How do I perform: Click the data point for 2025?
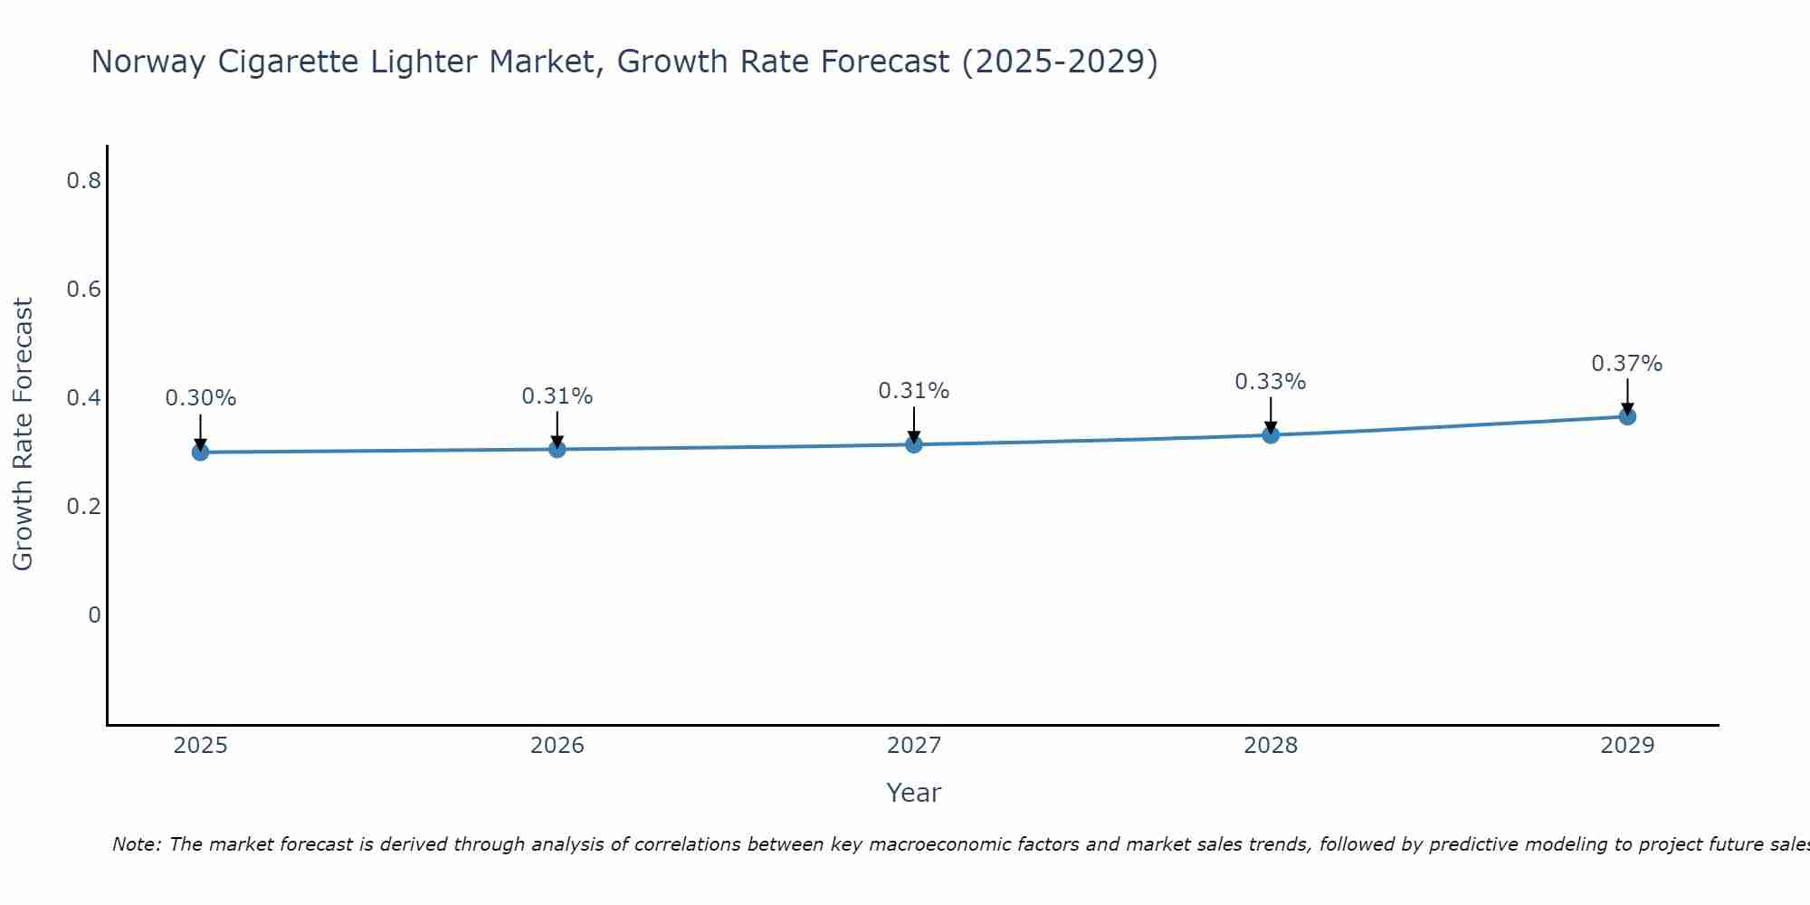[x=200, y=452]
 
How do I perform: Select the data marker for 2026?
[x=557, y=449]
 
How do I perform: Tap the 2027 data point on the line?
[x=913, y=444]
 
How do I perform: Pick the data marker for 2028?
[x=1271, y=435]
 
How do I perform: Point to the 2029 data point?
[x=1627, y=416]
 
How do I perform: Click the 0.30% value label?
[x=201, y=398]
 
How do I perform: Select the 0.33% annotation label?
[x=1271, y=382]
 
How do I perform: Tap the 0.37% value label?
[x=1627, y=364]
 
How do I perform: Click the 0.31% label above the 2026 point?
[x=557, y=396]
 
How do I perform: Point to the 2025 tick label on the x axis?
[x=200, y=746]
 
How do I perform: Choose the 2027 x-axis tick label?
[x=914, y=746]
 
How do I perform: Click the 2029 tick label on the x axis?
[x=1627, y=746]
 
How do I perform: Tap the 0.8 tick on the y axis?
[x=83, y=181]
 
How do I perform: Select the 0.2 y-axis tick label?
[x=83, y=507]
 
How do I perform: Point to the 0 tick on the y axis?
[x=94, y=615]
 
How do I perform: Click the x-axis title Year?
[x=914, y=793]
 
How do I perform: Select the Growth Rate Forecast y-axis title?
[x=24, y=434]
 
